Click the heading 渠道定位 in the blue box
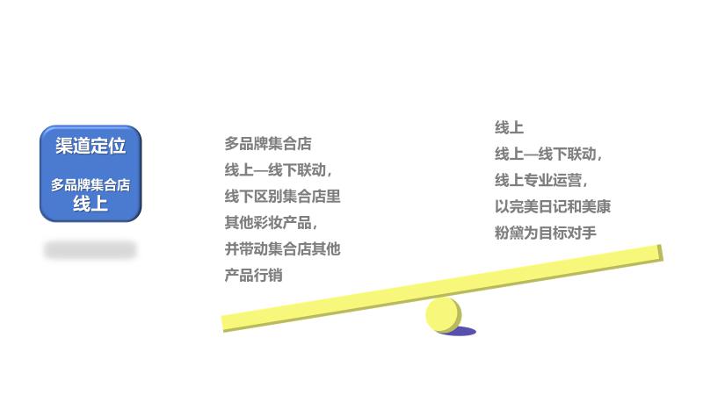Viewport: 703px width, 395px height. tap(91, 146)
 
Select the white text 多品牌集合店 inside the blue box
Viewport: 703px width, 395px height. tap(91, 185)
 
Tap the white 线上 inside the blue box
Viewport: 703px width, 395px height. tap(91, 204)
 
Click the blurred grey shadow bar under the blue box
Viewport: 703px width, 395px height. tap(91, 250)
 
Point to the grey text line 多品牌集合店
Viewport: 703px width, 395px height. tap(268, 144)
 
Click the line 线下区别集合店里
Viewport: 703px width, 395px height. tap(282, 197)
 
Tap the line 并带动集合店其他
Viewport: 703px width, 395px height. tap(282, 249)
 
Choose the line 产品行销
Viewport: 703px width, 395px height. tap(254, 276)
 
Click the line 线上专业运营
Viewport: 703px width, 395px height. tap(540, 181)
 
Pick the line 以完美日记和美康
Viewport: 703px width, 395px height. tap(553, 207)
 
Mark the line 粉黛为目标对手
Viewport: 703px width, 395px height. tap(546, 233)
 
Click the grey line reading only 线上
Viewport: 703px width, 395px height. tap(510, 128)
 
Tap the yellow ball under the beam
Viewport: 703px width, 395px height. tap(443, 315)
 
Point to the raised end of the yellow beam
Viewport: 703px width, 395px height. tap(655, 254)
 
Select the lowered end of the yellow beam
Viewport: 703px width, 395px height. tap(228, 323)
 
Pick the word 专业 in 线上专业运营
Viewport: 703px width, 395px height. tap(539, 181)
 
